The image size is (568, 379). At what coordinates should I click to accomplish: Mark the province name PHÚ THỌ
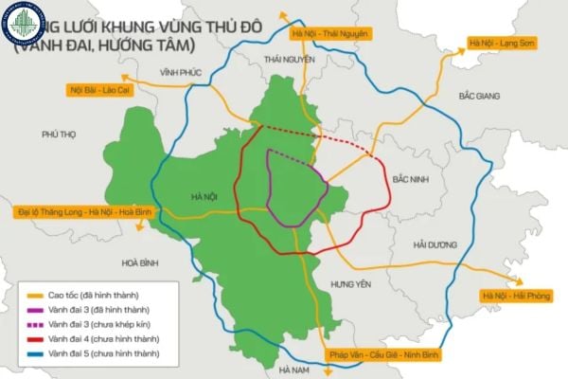pos(59,135)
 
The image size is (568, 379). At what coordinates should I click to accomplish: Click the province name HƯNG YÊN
pos(347,284)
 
